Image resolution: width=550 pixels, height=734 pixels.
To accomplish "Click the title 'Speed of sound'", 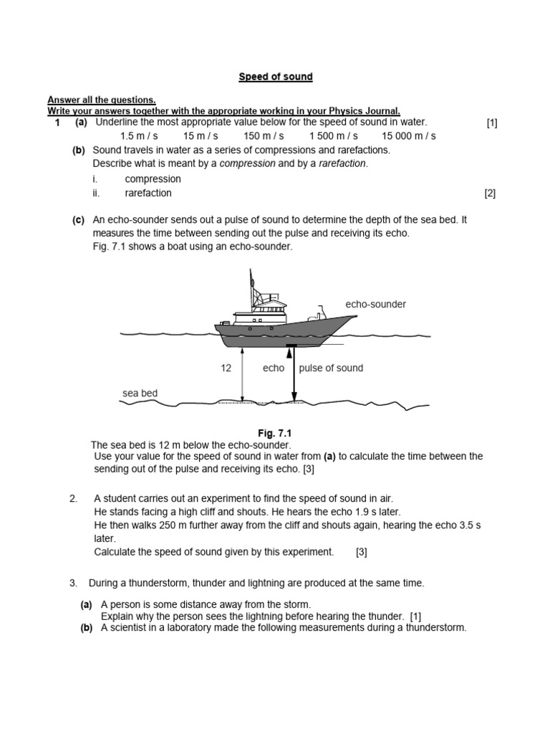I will [x=276, y=77].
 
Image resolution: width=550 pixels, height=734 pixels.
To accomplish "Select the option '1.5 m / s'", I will [x=139, y=135].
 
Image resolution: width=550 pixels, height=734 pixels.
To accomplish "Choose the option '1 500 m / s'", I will [x=333, y=135].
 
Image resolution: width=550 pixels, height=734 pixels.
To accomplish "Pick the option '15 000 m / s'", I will [x=408, y=135].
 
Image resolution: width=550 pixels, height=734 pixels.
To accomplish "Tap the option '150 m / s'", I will [x=264, y=135].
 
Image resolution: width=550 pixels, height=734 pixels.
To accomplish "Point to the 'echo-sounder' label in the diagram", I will [x=375, y=304].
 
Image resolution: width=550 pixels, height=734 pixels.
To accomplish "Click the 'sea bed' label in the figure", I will [x=140, y=393].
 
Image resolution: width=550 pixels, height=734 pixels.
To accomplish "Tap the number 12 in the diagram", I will [x=226, y=368].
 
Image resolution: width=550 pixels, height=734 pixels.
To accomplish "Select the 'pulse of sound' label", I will [x=331, y=368].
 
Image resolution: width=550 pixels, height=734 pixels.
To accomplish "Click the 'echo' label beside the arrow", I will [x=274, y=368].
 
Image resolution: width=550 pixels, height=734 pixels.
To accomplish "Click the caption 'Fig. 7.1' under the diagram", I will [x=275, y=434].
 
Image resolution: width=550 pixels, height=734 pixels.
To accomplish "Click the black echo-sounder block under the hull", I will [x=291, y=346].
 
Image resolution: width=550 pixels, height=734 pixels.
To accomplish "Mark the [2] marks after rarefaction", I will [x=490, y=193].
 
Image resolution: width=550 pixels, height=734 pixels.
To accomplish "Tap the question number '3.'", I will [x=73, y=583].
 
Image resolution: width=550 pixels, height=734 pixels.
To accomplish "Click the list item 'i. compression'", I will [x=136, y=178].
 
